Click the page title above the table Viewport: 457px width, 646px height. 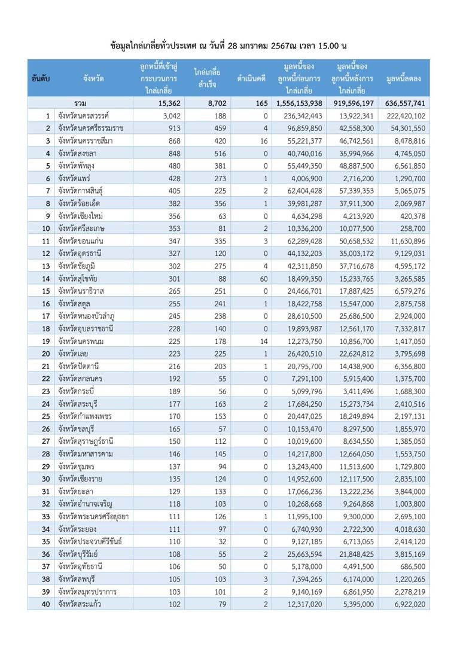pos(229,45)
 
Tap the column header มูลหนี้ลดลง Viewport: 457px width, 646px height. pos(405,78)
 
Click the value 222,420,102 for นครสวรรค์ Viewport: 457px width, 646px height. pos(406,116)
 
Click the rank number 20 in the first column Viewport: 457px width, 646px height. pos(44,354)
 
